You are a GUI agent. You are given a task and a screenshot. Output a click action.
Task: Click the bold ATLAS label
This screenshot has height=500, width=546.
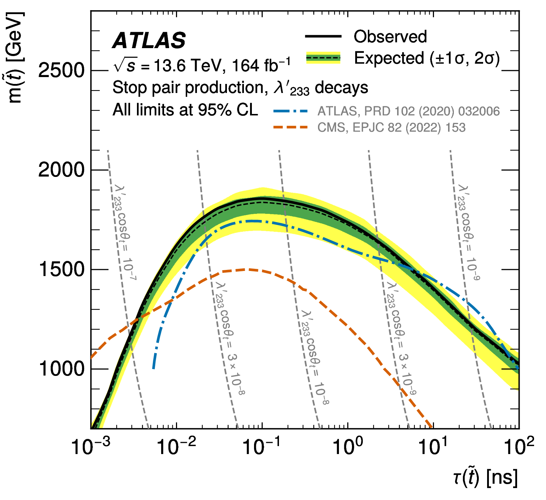coord(149,40)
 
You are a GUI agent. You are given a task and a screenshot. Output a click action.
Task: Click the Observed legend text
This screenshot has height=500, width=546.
coord(390,37)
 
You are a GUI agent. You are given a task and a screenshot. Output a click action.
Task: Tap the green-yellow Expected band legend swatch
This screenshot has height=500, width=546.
coord(323,58)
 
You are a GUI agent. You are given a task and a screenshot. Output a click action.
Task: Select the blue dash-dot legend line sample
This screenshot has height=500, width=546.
coord(291,111)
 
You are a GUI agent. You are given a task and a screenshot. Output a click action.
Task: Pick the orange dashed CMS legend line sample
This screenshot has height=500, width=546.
coord(291,127)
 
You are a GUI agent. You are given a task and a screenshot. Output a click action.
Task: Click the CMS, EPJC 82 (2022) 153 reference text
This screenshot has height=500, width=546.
coord(391,127)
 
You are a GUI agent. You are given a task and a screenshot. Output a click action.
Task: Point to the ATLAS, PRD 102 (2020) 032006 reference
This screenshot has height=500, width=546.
coord(408,111)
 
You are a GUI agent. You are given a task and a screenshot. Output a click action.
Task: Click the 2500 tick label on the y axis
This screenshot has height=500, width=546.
coord(61,71)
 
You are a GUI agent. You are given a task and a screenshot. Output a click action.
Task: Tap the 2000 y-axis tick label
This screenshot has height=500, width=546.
coord(61,170)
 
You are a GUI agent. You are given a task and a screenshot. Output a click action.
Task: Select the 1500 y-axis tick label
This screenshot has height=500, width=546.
coord(61,270)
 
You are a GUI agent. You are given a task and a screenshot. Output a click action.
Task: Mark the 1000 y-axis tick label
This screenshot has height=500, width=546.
coord(61,369)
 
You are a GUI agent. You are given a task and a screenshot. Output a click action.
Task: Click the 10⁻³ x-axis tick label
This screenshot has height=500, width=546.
coord(91,446)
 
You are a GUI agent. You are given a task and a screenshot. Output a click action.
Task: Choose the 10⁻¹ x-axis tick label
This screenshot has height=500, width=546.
coord(262,446)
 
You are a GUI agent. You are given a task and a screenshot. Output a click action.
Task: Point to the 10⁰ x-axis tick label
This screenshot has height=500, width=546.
coord(348,446)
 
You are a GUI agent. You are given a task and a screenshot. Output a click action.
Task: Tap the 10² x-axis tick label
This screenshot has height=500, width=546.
coord(519,446)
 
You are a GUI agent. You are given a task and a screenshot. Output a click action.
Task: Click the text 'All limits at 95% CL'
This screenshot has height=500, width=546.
coord(185,110)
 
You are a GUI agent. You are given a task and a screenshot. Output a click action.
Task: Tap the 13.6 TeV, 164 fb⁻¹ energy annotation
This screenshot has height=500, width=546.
coord(202,65)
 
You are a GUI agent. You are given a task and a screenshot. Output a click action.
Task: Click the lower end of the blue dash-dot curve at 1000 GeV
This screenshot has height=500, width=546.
coord(154,368)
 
